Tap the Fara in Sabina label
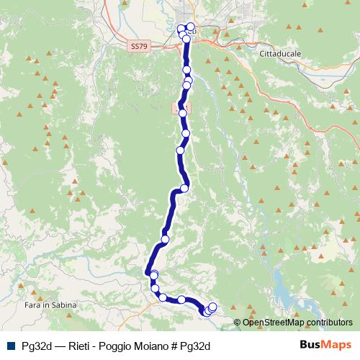[x=43, y=306]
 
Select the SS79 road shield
[x=140, y=46]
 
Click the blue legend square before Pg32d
[x=10, y=345]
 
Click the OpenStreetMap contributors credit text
[x=298, y=322]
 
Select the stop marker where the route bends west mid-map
[x=184, y=189]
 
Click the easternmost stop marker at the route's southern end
[x=212, y=307]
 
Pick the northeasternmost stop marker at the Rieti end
[x=190, y=27]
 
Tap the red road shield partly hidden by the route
[x=177, y=107]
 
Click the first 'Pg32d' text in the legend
[x=36, y=345]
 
